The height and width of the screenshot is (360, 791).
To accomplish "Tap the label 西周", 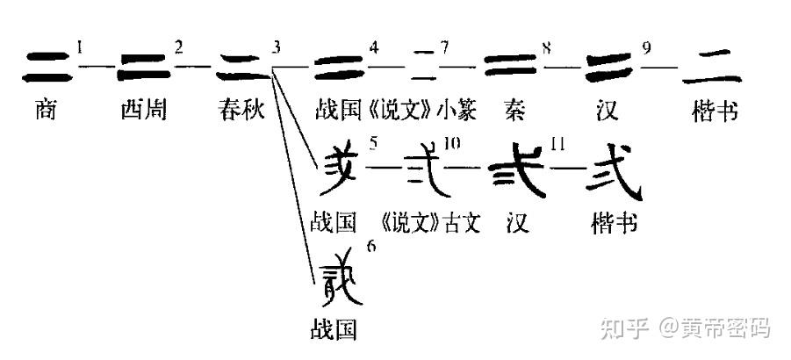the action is (x=144, y=111).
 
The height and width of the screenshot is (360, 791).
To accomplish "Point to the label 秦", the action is (x=516, y=111).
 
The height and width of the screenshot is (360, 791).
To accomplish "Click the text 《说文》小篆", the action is (x=413, y=111).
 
